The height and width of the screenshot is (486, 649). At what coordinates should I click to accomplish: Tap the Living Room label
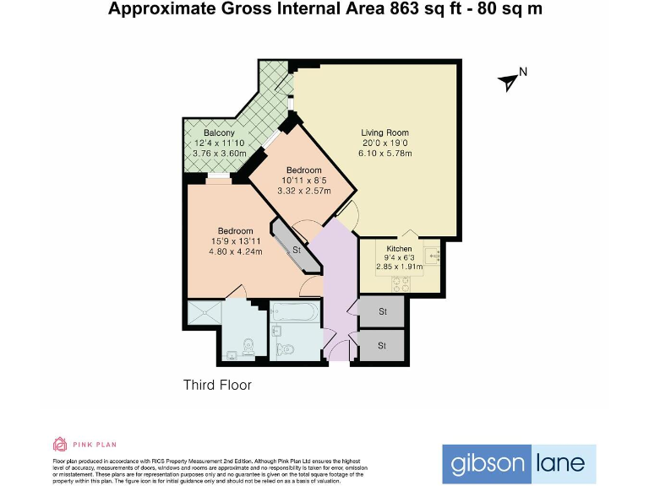(384, 132)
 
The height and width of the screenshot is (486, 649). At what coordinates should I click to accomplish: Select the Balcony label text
(219, 133)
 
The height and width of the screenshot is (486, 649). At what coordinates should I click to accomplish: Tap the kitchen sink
(432, 253)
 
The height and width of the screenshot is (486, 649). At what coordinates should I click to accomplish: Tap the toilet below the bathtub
(285, 348)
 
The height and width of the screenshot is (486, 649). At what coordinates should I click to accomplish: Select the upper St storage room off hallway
(382, 311)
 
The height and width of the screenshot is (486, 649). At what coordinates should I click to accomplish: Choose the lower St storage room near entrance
(382, 345)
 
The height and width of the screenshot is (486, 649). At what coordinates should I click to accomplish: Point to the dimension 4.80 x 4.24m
(235, 251)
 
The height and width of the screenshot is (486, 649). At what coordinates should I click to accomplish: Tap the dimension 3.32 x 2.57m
(303, 190)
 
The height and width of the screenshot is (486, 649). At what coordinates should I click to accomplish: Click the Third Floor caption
(217, 385)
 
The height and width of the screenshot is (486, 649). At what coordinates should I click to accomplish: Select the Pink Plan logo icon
(60, 445)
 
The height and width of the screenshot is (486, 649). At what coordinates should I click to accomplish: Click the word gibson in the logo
(486, 463)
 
